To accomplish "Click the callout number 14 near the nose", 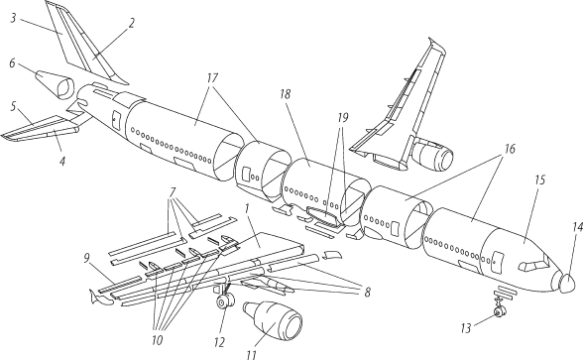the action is click(x=577, y=227).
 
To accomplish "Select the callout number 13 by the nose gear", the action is click(x=466, y=328).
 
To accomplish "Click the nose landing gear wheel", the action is click(x=498, y=313).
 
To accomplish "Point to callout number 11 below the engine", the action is click(x=252, y=355).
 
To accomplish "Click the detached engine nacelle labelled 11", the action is click(x=273, y=319).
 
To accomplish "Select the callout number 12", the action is click(x=220, y=342).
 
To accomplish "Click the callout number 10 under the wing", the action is click(x=158, y=340).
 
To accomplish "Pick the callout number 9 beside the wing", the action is click(x=86, y=258).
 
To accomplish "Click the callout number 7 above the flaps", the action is click(x=173, y=192).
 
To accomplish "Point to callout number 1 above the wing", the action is click(x=246, y=209).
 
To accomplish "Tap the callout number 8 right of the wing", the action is click(x=367, y=293).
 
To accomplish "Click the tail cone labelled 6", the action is click(x=55, y=85).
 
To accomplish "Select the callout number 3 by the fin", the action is click(x=13, y=18).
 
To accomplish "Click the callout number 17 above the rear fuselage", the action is click(x=212, y=78).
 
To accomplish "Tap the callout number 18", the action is click(x=286, y=94).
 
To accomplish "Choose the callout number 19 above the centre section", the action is click(x=342, y=117).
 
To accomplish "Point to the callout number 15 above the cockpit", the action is click(x=539, y=180).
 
